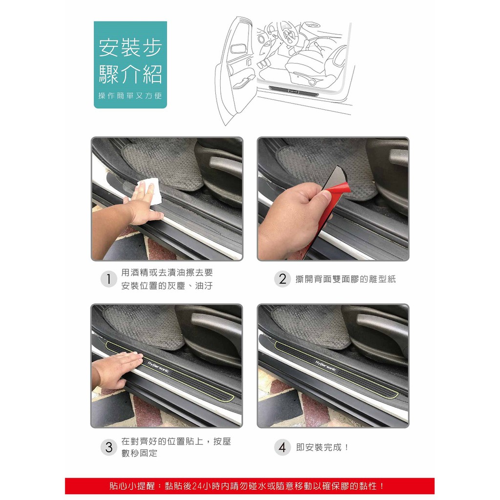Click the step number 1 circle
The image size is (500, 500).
click(x=108, y=279)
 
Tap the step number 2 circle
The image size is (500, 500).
click(x=282, y=279)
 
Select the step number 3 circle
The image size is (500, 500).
click(x=108, y=447)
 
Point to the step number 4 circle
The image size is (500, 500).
click(x=282, y=447)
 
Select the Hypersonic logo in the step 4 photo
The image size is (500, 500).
click(x=326, y=367)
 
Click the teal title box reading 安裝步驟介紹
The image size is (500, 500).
click(x=130, y=64)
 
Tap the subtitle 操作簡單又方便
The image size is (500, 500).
click(x=130, y=96)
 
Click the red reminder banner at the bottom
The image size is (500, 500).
click(x=250, y=486)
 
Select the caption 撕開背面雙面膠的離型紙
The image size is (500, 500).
click(x=345, y=279)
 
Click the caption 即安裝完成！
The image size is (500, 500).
click(x=323, y=447)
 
